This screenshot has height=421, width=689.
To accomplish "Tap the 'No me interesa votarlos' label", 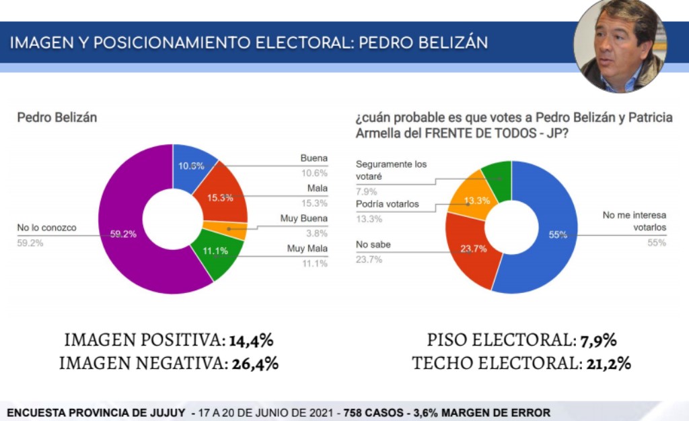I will coord(634,222).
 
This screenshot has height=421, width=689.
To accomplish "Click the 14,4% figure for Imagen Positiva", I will coord(251,340).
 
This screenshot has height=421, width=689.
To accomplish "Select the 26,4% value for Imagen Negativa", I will coord(255,364).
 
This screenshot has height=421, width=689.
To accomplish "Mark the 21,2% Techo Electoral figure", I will coord(606,364).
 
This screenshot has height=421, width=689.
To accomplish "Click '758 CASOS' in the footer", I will coord(369,412).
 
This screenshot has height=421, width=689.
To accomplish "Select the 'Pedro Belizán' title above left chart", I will coord(57,117).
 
